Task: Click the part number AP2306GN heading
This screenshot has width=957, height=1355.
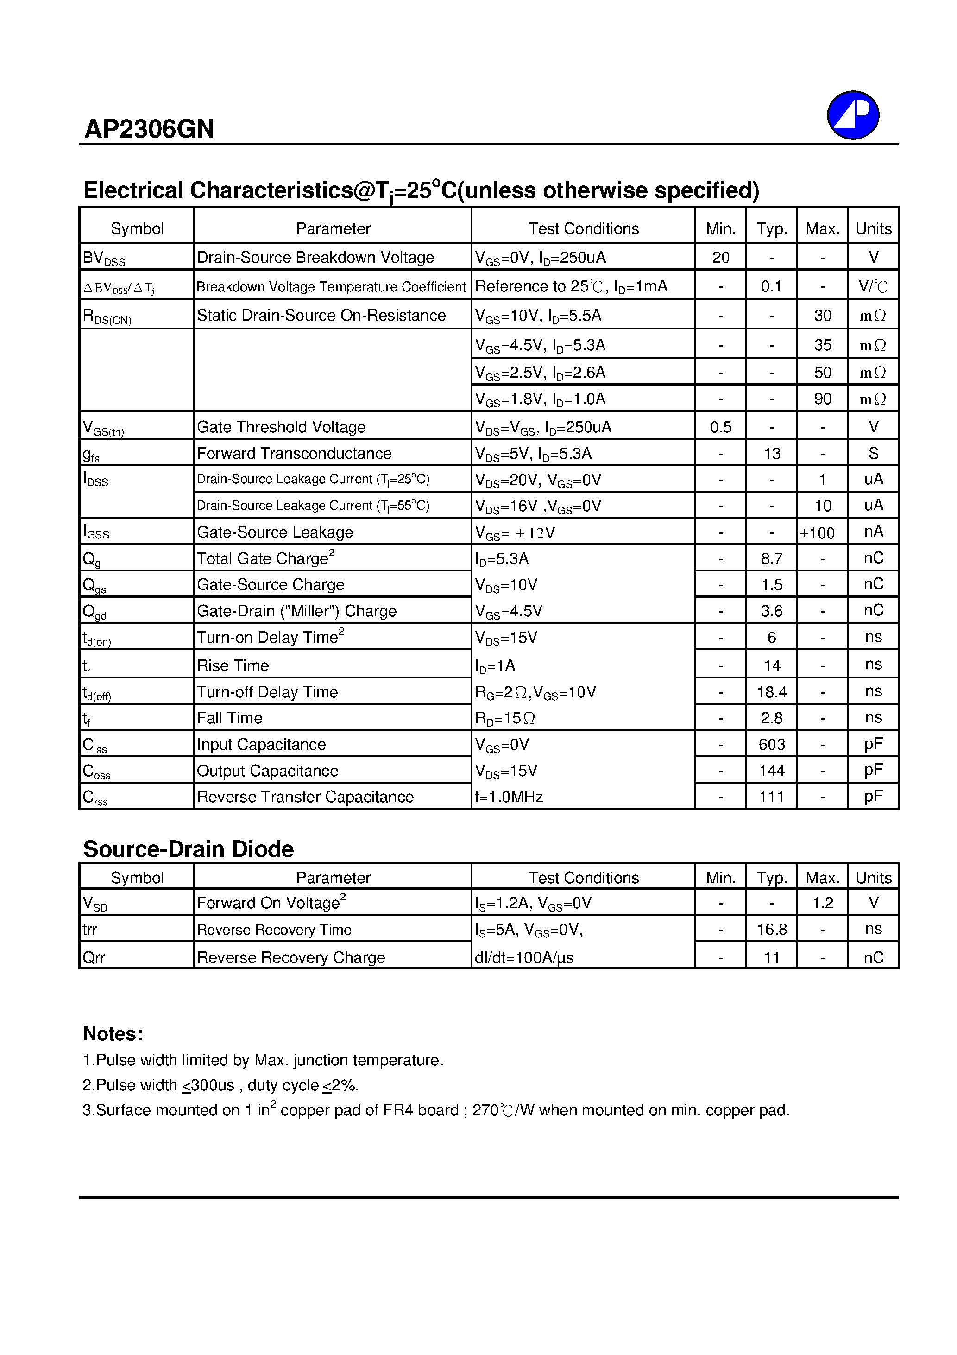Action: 149,129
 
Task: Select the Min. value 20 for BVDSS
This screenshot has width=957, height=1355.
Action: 720,257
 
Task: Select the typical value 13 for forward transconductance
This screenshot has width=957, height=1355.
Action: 771,453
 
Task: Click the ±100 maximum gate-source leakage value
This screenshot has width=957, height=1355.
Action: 817,533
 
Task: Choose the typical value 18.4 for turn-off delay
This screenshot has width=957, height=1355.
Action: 771,692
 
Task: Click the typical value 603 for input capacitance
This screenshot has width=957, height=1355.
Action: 771,744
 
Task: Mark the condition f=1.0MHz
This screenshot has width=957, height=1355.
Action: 509,797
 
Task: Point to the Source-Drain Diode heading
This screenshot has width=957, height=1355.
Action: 188,848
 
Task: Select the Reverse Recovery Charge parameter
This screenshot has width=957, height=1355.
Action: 290,957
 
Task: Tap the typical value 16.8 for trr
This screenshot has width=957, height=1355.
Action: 771,930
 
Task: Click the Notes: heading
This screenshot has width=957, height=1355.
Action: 113,1034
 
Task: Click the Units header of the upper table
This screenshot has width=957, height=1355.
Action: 873,228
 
